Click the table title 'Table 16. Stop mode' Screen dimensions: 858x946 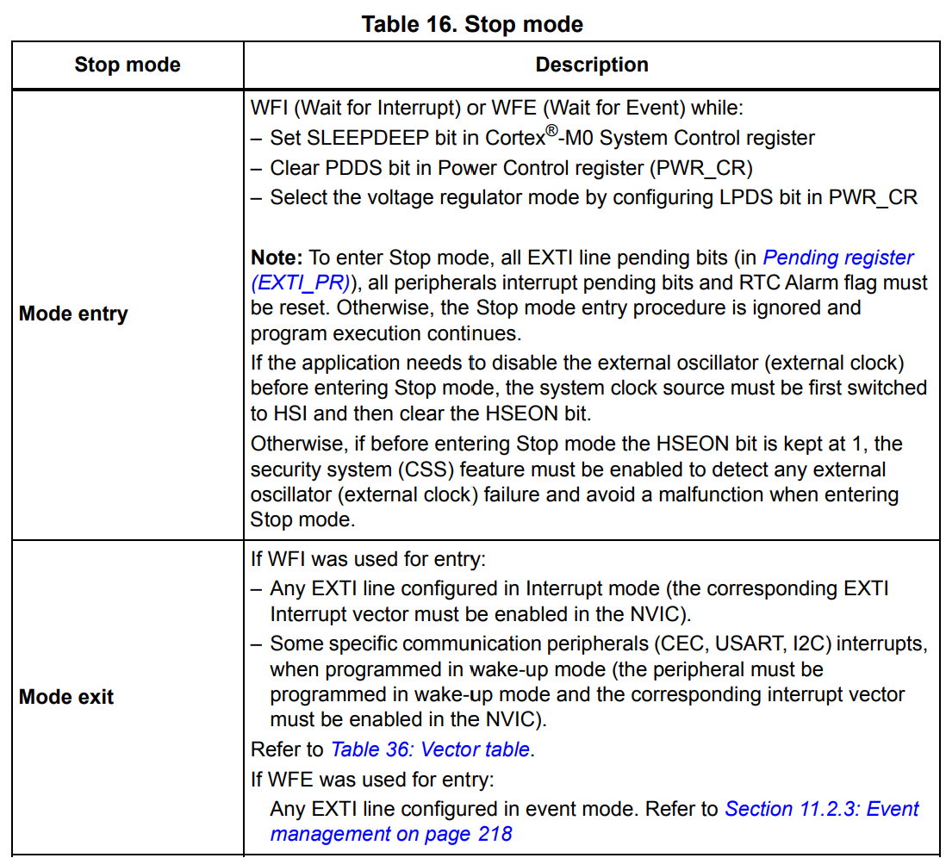click(x=472, y=23)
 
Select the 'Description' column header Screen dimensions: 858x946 click(x=592, y=65)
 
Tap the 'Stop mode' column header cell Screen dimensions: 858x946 click(x=128, y=65)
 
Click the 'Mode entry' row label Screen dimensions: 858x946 click(x=73, y=314)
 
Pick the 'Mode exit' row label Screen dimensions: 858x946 click(x=66, y=697)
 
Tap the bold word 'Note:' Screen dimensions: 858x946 click(x=276, y=258)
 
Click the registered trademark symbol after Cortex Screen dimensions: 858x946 click(x=552, y=131)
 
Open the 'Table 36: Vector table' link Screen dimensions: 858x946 click(x=430, y=749)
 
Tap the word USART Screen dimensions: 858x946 click(x=778, y=643)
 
